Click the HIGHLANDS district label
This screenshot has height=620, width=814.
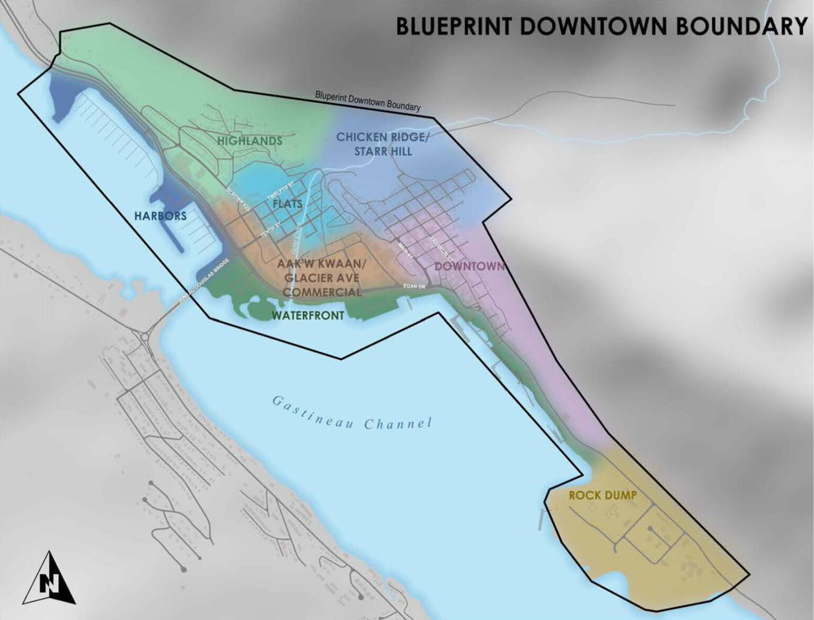click(x=250, y=141)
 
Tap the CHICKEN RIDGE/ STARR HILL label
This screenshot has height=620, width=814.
click(x=382, y=144)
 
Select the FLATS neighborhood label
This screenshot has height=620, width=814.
click(x=287, y=204)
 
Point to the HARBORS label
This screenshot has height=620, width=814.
click(x=160, y=216)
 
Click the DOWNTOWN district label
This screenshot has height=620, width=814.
click(x=468, y=266)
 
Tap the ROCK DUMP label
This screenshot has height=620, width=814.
click(x=603, y=495)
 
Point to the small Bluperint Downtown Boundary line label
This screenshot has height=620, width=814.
click(x=367, y=101)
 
